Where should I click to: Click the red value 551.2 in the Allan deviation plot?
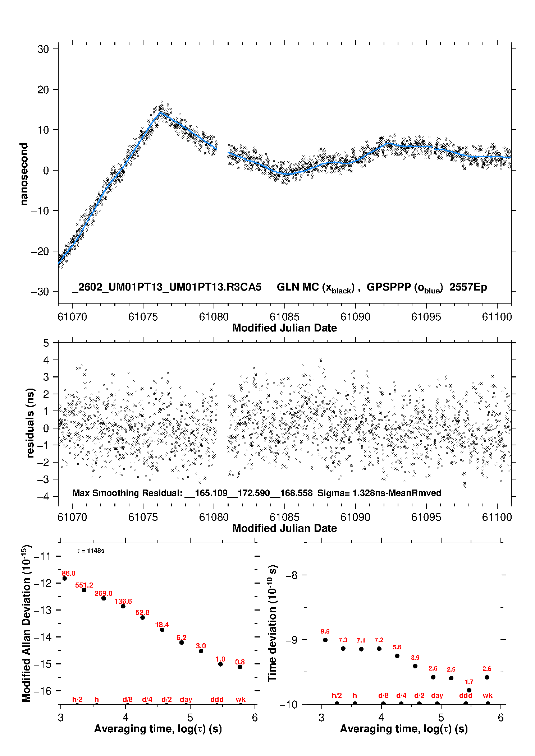coord(84,585)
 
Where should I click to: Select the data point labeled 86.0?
coord(65,578)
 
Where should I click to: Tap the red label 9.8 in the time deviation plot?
coord(325,631)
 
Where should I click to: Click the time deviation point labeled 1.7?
coord(469,690)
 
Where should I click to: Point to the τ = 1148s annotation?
coord(91,551)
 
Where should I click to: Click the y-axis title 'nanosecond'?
coord(24,174)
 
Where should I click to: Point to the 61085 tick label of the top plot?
coord(284,317)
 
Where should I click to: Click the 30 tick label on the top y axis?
coord(43,49)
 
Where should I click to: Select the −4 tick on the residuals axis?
coord(46,496)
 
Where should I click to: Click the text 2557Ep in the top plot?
coord(468,287)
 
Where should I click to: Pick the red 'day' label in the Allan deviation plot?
coord(186,699)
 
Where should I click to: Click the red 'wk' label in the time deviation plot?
coord(488,695)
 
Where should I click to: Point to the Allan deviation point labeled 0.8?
coord(240,667)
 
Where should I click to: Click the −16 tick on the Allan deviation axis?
coord(42,691)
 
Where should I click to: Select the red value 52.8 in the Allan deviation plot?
coord(142,612)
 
